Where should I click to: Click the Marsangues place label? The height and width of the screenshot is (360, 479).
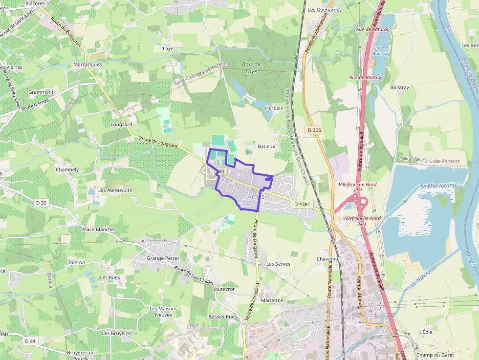87,64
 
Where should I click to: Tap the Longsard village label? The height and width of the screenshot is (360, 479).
122,125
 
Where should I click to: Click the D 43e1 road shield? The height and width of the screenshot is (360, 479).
302,204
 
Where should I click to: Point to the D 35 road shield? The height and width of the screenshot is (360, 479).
41,202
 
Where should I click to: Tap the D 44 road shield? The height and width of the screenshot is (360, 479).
30,340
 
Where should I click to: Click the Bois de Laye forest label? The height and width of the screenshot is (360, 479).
251,67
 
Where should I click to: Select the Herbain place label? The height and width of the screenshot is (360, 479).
274,108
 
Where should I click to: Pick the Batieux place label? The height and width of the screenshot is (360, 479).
266,146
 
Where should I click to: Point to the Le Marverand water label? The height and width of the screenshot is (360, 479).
438,186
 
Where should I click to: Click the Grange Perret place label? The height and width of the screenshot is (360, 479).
163,258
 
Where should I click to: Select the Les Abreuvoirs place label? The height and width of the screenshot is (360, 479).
115,190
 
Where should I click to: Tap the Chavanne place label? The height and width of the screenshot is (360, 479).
327,259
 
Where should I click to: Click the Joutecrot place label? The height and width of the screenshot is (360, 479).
224,289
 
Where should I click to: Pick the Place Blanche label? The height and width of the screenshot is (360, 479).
98,229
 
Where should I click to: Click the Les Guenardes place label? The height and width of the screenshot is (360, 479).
325,9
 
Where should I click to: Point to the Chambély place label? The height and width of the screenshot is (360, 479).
67,169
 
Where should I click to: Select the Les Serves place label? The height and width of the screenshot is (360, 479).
278,264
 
